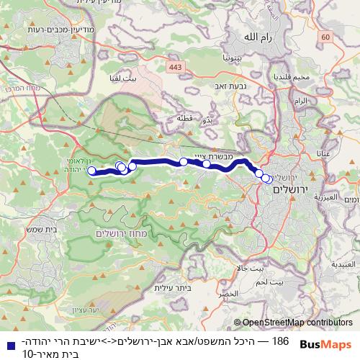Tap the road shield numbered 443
(x=175, y=67)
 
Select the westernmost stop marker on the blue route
(x=91, y=171)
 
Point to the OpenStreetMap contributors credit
(x=293, y=323)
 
